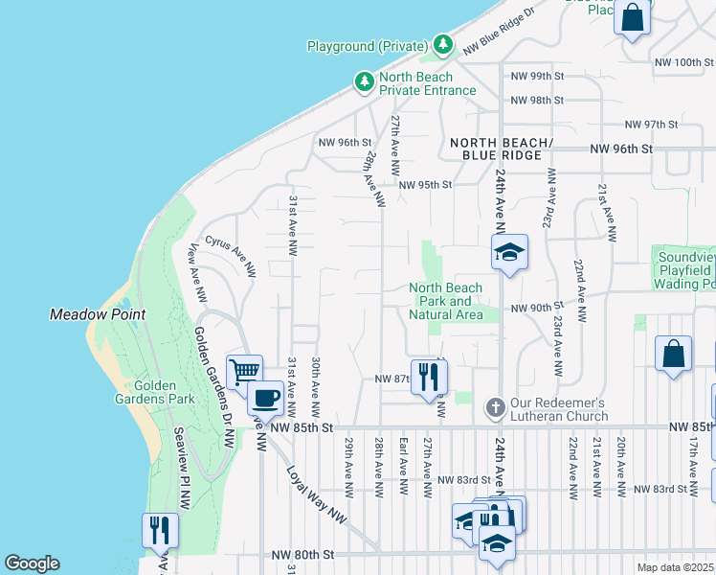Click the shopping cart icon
244,371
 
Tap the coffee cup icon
264,397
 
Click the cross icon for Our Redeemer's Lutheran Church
495,407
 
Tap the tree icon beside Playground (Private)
442,45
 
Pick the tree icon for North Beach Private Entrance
364,83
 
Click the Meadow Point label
98,314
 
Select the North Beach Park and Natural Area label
445,301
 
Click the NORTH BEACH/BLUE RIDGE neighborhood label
502,149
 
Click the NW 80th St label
302,555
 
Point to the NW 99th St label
539,76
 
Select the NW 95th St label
423,185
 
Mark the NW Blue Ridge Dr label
497,34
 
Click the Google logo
32,563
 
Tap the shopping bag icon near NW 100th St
633,17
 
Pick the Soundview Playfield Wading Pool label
685,270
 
